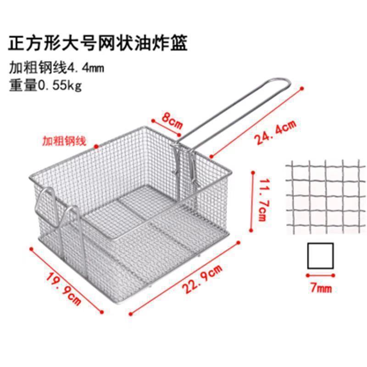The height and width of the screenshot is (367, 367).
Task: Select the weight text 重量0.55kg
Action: point(45,85)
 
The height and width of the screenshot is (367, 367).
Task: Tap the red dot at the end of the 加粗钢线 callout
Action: point(96,146)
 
